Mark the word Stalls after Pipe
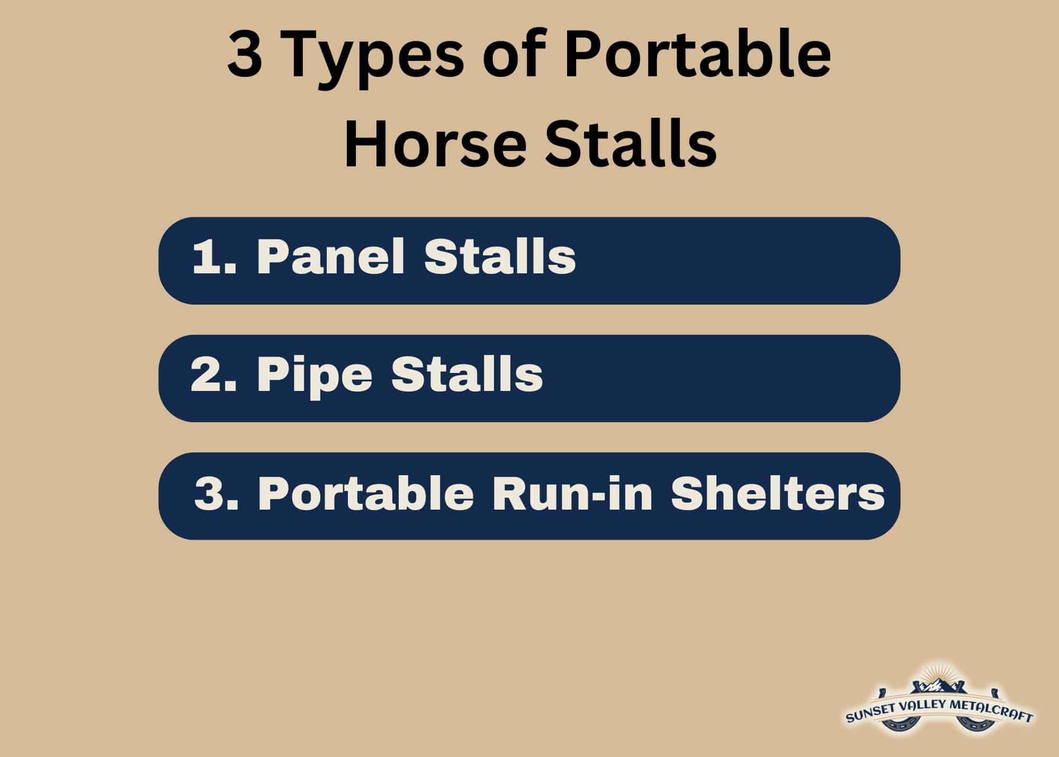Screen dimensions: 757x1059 tap(467, 375)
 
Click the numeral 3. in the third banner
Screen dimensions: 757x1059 tap(216, 494)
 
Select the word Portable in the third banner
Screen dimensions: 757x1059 tap(365, 494)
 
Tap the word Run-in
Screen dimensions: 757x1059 tap(572, 494)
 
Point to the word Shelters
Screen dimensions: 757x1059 tap(777, 494)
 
